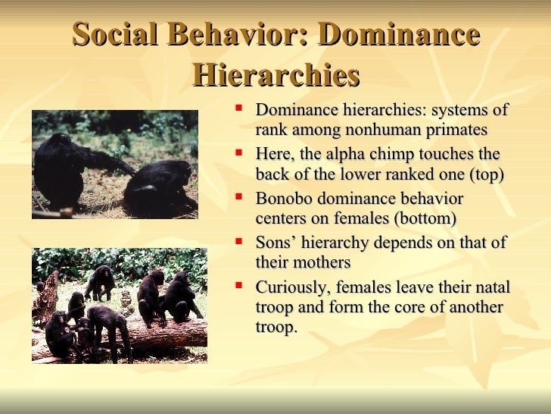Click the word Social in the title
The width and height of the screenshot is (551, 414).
tap(115, 36)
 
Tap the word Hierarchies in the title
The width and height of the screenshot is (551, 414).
tap(275, 75)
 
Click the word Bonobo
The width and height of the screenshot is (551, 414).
tap(283, 199)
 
